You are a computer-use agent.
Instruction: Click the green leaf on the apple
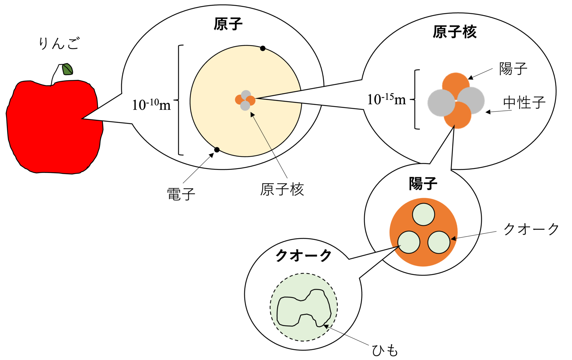point(68,69)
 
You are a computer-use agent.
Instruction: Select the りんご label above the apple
point(59,44)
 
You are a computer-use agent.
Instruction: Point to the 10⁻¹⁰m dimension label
point(151,105)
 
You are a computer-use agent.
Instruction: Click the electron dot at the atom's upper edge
point(263,48)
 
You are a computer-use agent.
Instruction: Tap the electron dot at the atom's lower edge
point(217,150)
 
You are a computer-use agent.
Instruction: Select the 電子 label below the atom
point(181,194)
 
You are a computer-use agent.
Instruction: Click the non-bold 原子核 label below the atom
point(282,190)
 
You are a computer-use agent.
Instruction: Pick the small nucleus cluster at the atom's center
point(245,100)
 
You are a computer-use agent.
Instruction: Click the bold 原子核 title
point(454,32)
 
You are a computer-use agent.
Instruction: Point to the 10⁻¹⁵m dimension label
point(386,99)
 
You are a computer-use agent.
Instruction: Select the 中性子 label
point(524,102)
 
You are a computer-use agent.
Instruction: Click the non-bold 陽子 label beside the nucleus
point(513,69)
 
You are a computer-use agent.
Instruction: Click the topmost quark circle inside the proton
point(423,214)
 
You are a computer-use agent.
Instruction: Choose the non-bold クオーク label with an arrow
point(531,229)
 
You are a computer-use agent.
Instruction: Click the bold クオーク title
point(303,255)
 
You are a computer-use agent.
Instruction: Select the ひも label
point(385,350)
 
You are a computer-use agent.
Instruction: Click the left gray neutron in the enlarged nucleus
point(441,103)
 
